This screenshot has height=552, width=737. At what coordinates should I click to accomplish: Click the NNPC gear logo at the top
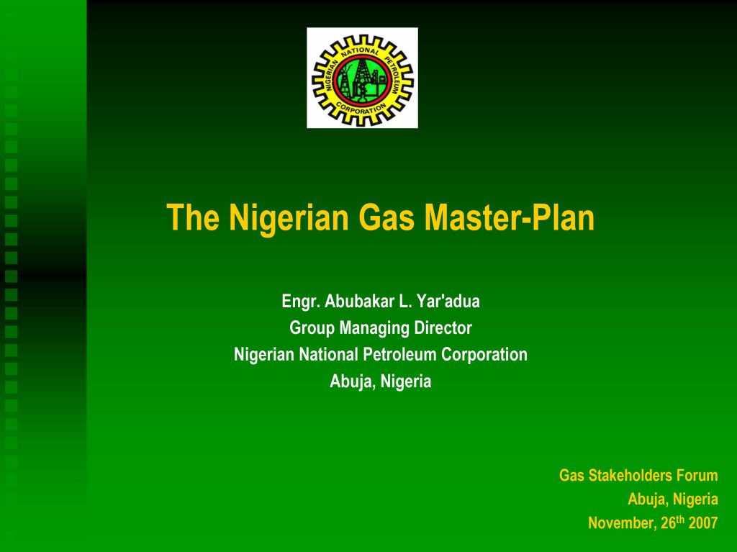362,78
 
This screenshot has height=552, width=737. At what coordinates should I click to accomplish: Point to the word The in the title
193,217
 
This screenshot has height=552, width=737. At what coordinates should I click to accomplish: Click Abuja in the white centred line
350,382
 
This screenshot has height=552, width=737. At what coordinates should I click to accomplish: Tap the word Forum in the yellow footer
698,476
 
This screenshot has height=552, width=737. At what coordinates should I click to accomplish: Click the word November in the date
620,524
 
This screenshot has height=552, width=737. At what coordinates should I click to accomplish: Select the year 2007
703,523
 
